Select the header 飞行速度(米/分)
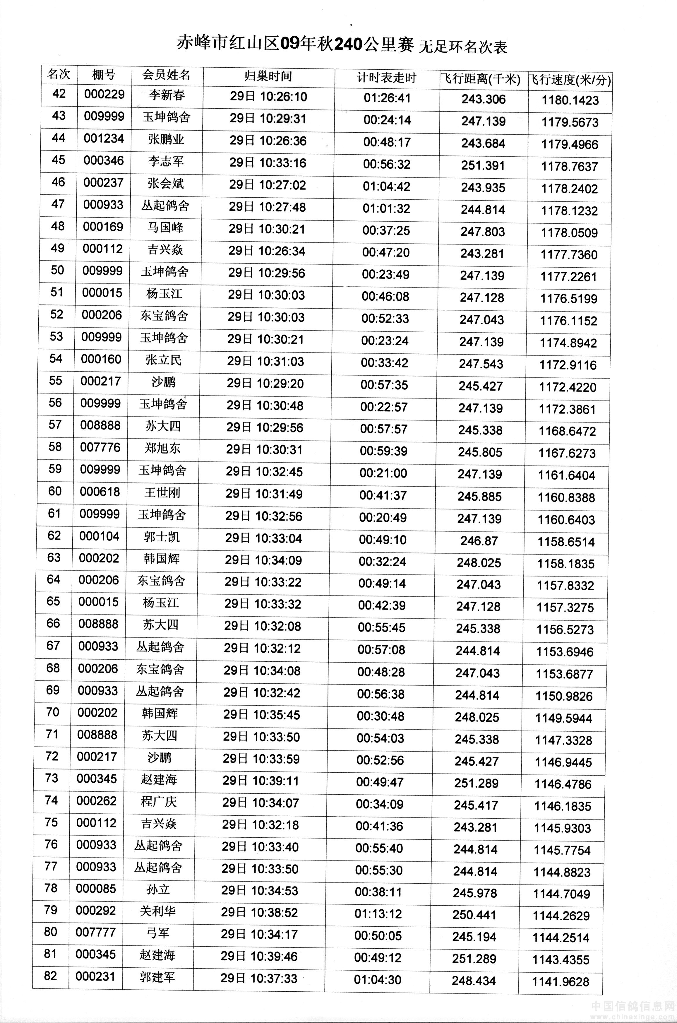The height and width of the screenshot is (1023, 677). [x=570, y=80]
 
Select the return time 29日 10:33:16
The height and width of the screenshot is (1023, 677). [x=268, y=163]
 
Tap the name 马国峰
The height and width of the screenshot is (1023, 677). [x=165, y=227]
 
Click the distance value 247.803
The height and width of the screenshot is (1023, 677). [x=482, y=232]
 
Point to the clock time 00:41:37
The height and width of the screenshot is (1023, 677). [x=383, y=495]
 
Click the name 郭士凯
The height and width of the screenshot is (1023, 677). [x=162, y=537]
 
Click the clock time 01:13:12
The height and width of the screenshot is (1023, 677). [x=378, y=914]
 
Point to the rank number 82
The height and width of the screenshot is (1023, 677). [x=51, y=976]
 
